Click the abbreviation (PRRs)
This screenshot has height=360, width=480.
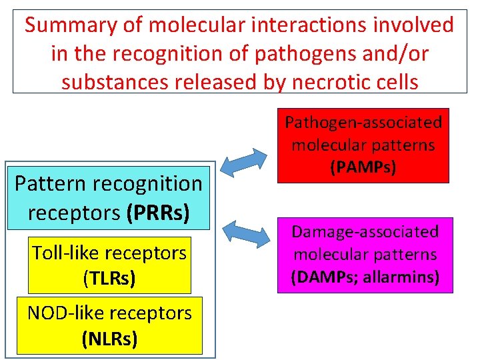point(158,213)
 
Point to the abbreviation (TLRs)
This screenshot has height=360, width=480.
point(109,277)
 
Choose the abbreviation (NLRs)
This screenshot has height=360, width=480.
point(109,339)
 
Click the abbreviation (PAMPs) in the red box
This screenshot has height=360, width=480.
point(363,167)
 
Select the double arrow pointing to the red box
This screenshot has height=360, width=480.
point(249,163)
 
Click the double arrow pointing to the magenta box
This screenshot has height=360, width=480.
point(249,231)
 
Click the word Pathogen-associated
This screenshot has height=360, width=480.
point(363,123)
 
